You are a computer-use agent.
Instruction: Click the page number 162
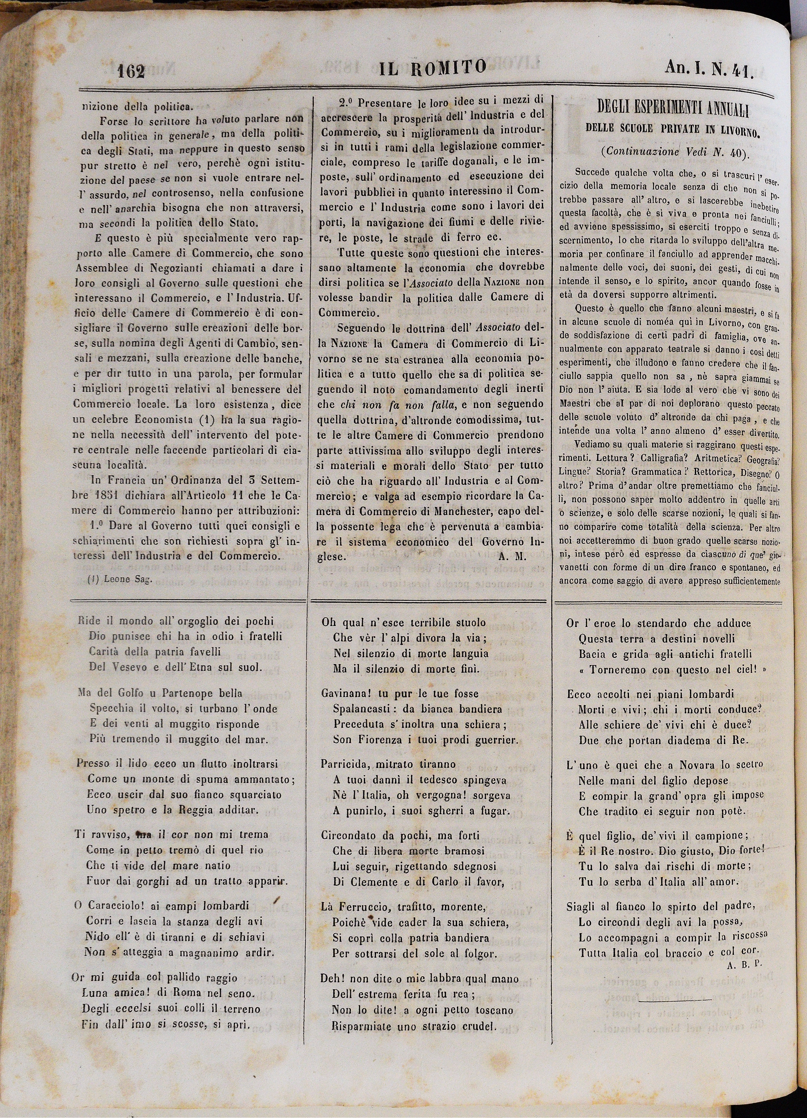[131, 72]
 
